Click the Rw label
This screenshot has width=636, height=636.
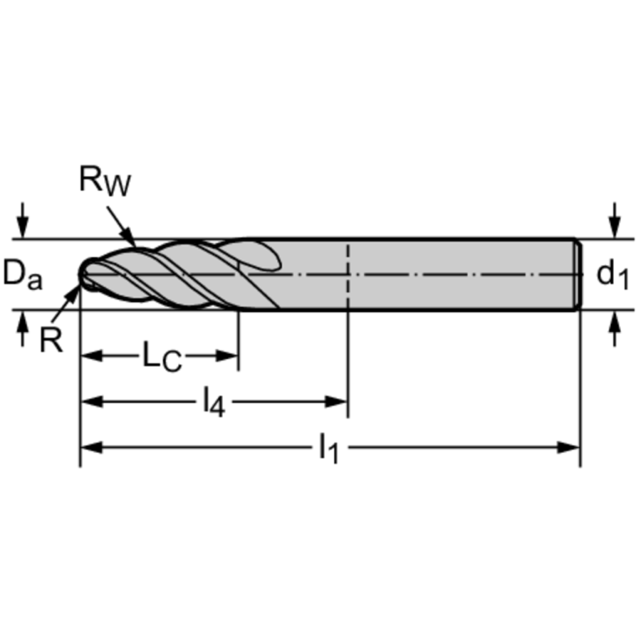pyautogui.click(x=105, y=181)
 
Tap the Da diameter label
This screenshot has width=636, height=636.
pyautogui.click(x=22, y=274)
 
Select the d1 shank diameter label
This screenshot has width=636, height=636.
pyautogui.click(x=613, y=275)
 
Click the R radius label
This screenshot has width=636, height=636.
pyautogui.click(x=51, y=340)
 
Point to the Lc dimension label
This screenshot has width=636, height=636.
pyautogui.click(x=162, y=357)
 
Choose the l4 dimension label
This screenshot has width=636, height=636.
pyautogui.click(x=214, y=402)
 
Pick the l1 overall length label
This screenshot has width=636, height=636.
pyautogui.click(x=328, y=448)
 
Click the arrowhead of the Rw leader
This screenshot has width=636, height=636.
pyautogui.click(x=129, y=238)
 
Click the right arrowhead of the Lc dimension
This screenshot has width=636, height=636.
pyautogui.click(x=227, y=356)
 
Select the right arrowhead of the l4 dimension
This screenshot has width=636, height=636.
pyautogui.click(x=336, y=402)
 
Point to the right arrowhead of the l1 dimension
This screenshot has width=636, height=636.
pyautogui.click(x=569, y=448)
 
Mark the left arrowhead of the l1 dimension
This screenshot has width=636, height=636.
pyautogui.click(x=92, y=448)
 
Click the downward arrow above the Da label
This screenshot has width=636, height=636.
pyautogui.click(x=22, y=221)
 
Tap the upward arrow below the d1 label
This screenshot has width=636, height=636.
pyautogui.click(x=615, y=328)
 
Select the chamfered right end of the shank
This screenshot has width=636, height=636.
pyautogui.click(x=579, y=274)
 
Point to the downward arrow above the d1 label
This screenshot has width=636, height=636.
pyautogui.click(x=615, y=221)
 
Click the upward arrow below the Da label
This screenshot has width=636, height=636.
pyautogui.click(x=22, y=328)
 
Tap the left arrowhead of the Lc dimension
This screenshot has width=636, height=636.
pyautogui.click(x=92, y=356)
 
